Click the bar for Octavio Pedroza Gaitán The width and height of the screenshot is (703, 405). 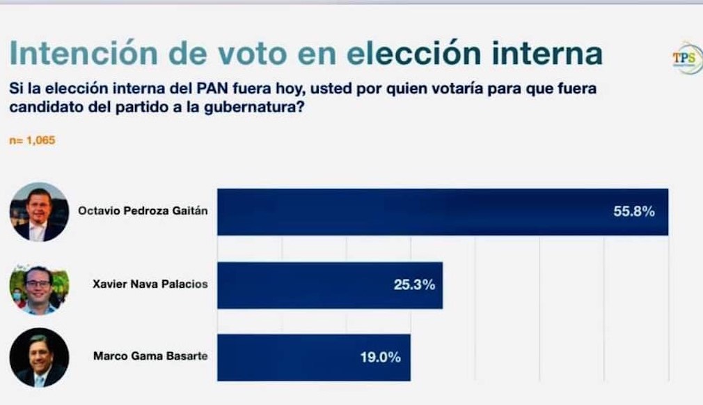click(x=418, y=212)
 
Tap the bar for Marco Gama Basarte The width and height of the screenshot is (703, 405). click(x=292, y=358)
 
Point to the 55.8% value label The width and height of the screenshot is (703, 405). click(x=633, y=212)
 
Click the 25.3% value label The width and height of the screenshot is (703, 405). click(x=414, y=284)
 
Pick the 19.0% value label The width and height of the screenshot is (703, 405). click(x=380, y=358)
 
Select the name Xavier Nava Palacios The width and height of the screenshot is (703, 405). click(x=150, y=284)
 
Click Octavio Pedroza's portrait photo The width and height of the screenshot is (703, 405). click(x=39, y=212)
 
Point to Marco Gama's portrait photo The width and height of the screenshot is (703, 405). click(x=39, y=358)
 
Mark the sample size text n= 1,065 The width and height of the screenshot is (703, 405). click(x=31, y=140)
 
